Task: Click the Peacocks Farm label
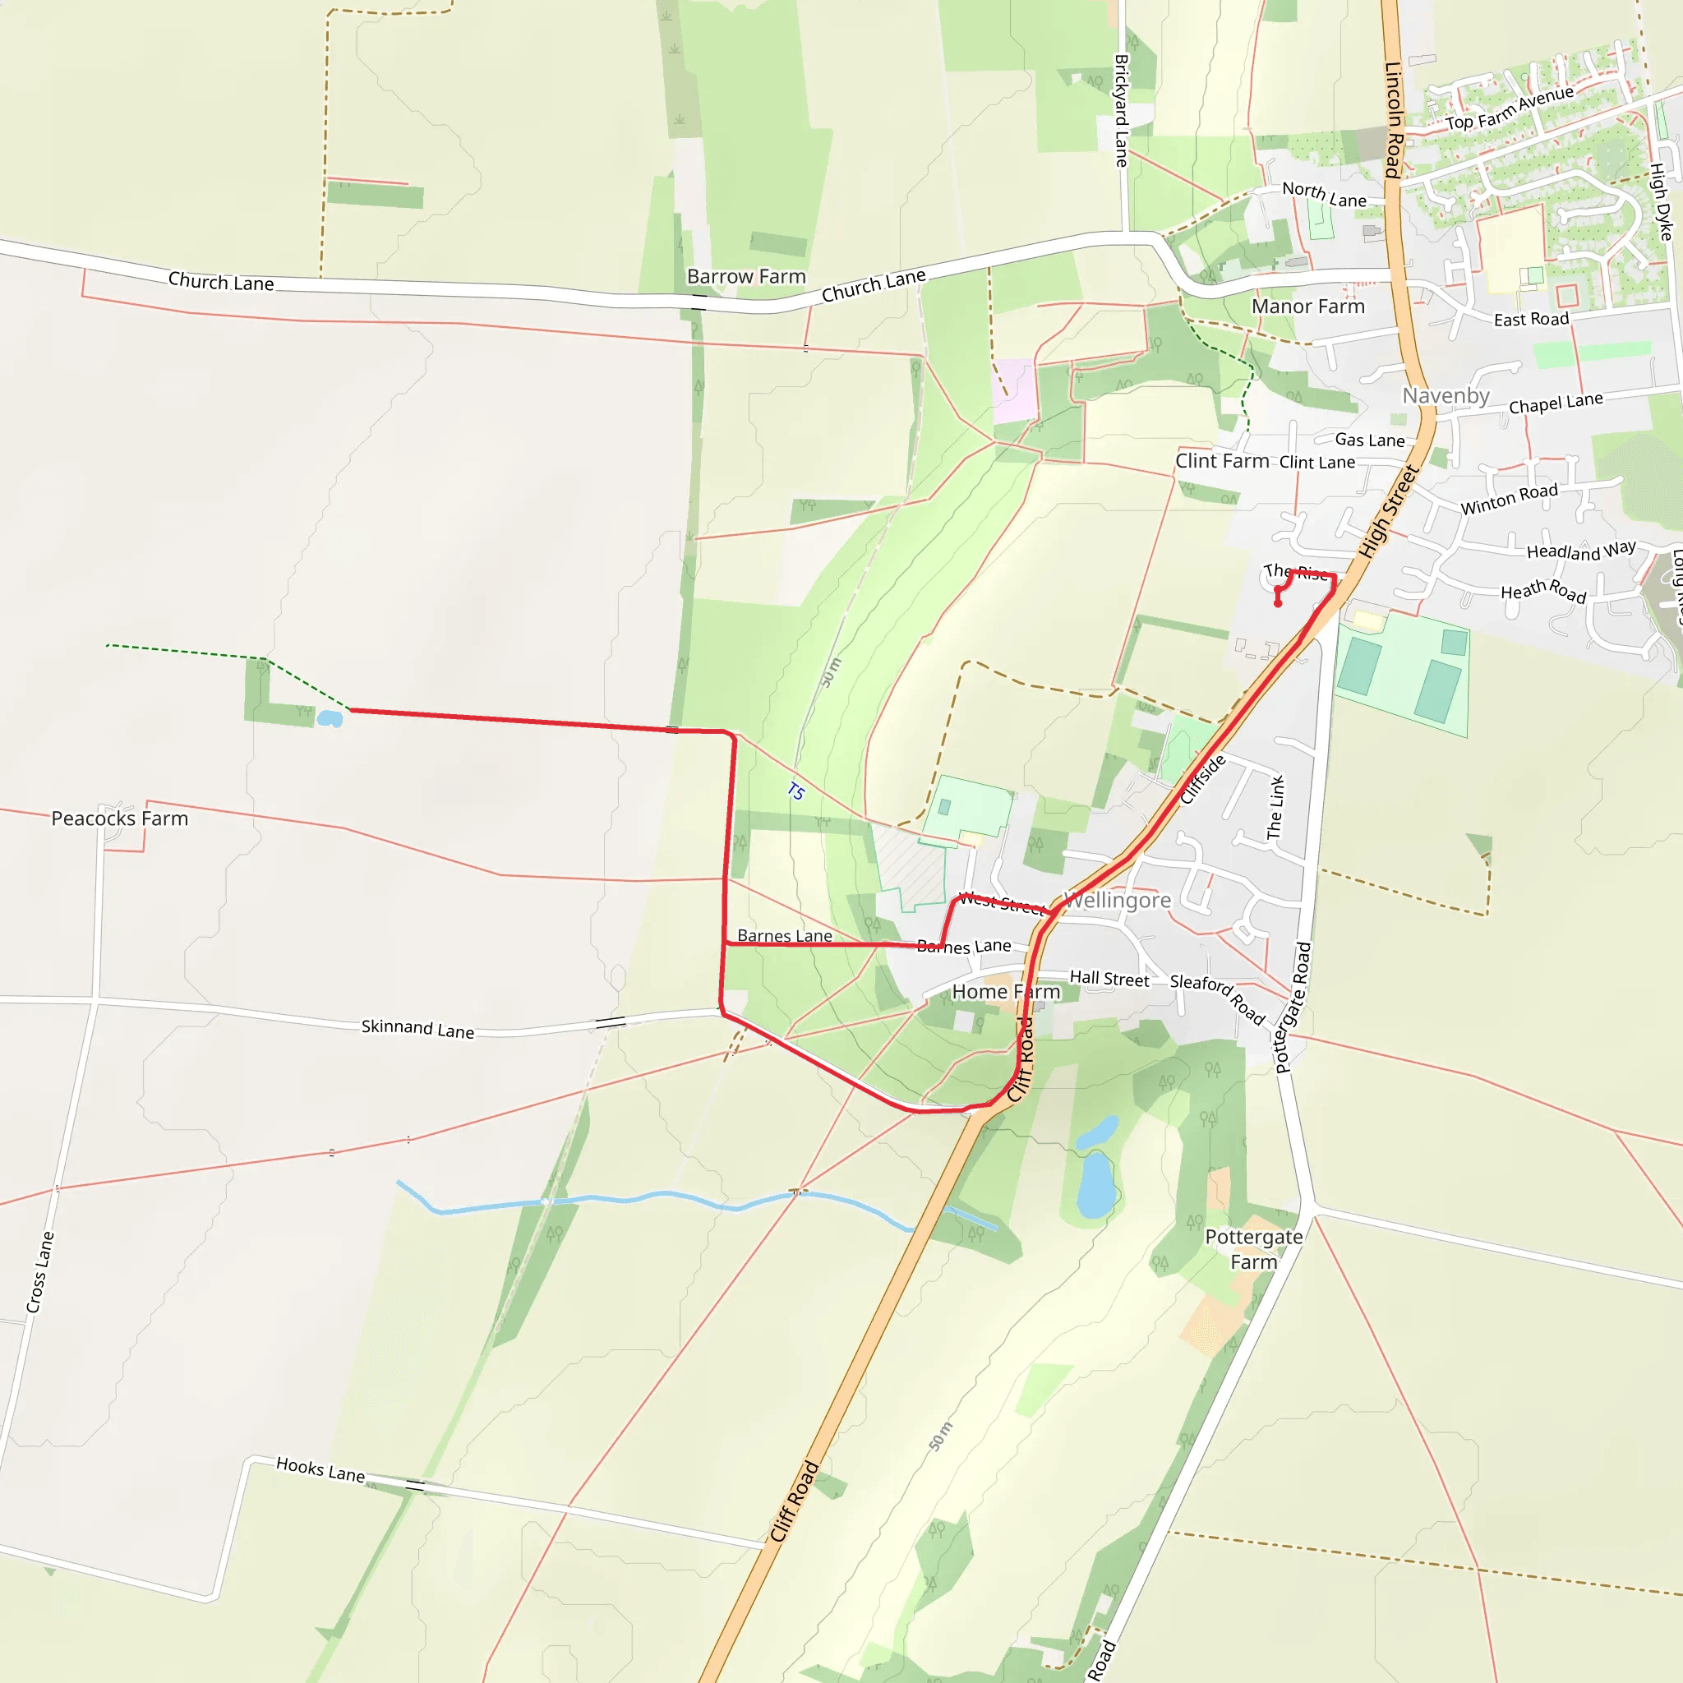(119, 818)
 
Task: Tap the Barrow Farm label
(746, 277)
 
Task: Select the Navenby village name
(1446, 396)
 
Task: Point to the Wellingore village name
(1118, 900)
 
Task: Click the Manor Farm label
(1307, 307)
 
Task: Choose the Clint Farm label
(1221, 461)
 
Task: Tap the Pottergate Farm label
(1253, 1249)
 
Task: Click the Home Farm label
(1006, 991)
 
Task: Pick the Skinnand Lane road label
(417, 1029)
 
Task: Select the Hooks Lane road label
(320, 1469)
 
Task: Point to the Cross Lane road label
(40, 1272)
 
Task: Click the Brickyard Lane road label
(1121, 111)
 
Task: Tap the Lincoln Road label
(1393, 119)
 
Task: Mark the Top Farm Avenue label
(1510, 107)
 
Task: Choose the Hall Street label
(1109, 979)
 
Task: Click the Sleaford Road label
(1217, 999)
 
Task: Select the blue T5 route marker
(795, 792)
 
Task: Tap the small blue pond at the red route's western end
(330, 719)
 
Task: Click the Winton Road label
(1509, 499)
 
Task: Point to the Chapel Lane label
(1556, 403)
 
